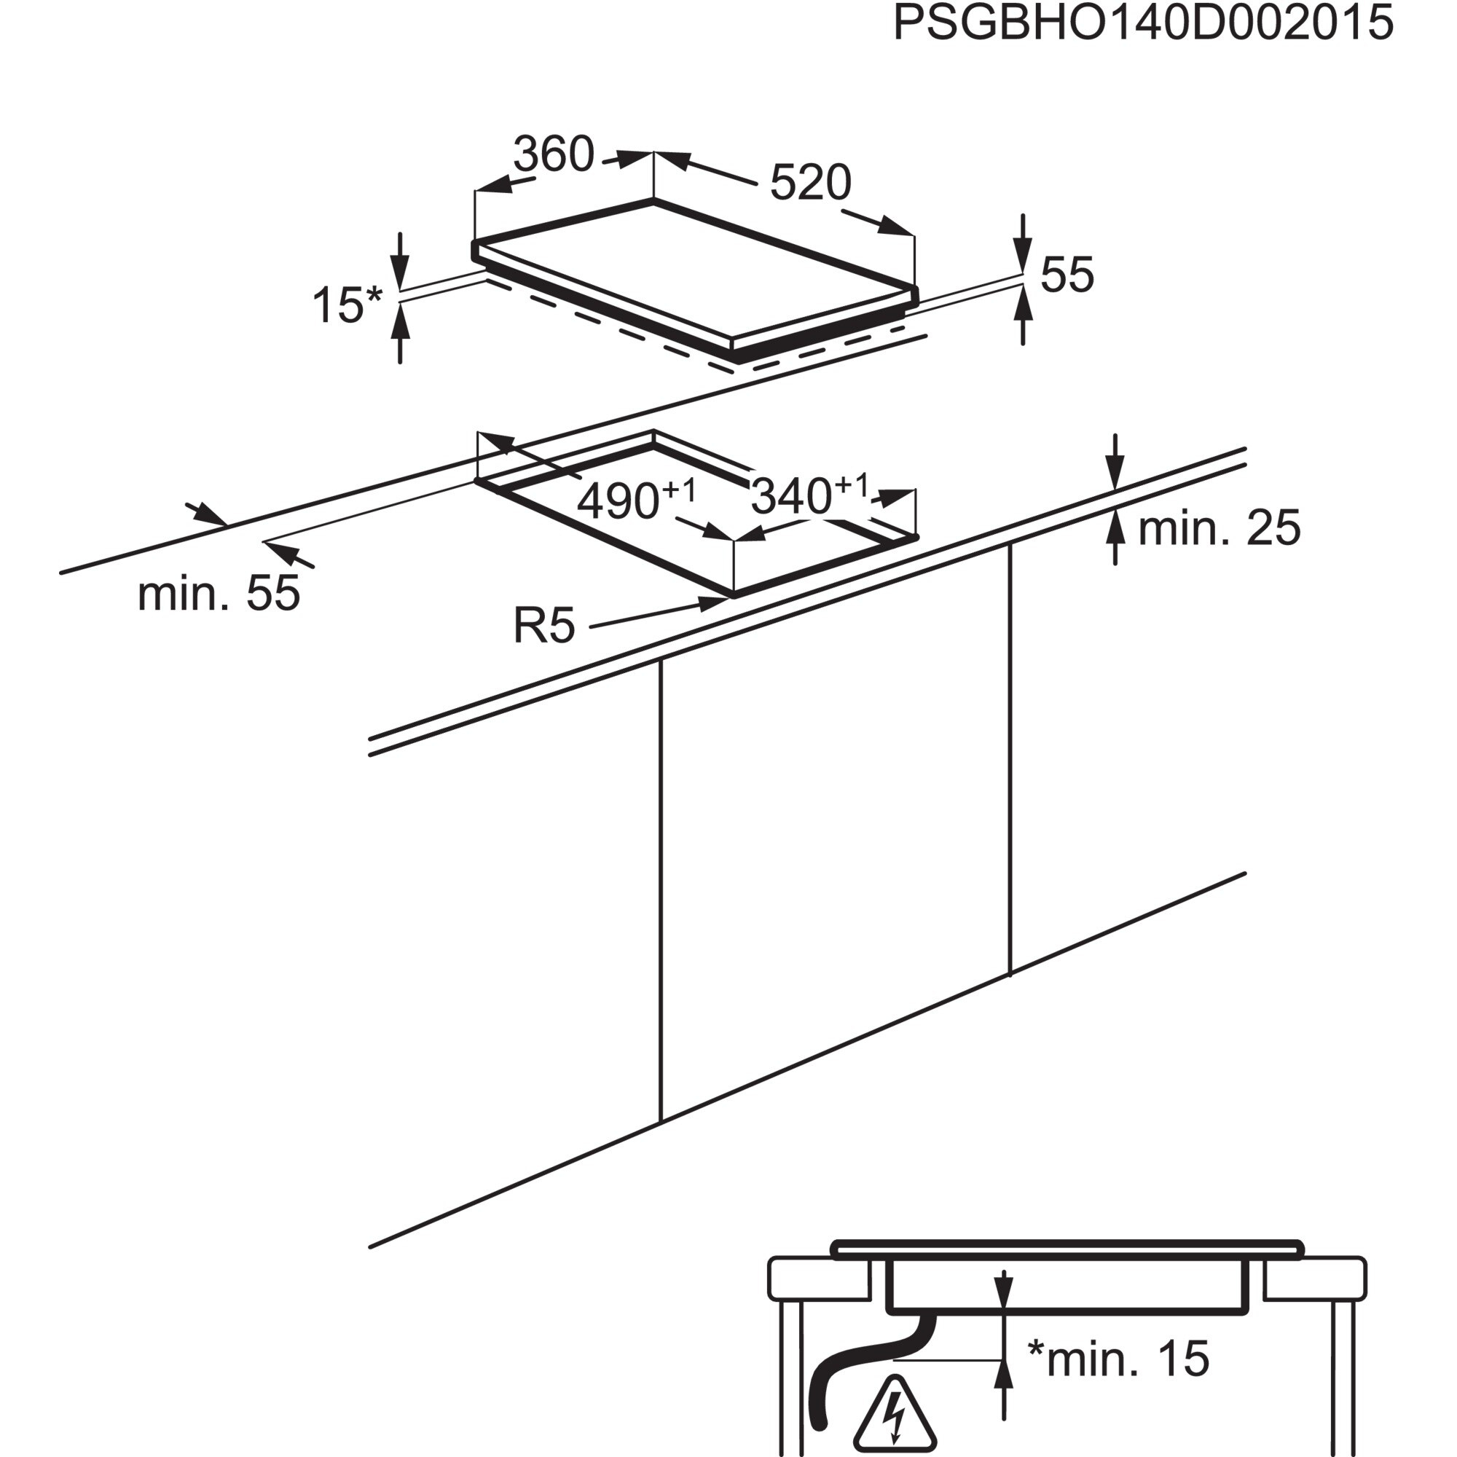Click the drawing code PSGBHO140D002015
pyautogui.click(x=1142, y=23)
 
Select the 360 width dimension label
pyautogui.click(x=554, y=154)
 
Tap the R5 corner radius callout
pyautogui.click(x=543, y=625)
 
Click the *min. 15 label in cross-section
pyautogui.click(x=1118, y=1358)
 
